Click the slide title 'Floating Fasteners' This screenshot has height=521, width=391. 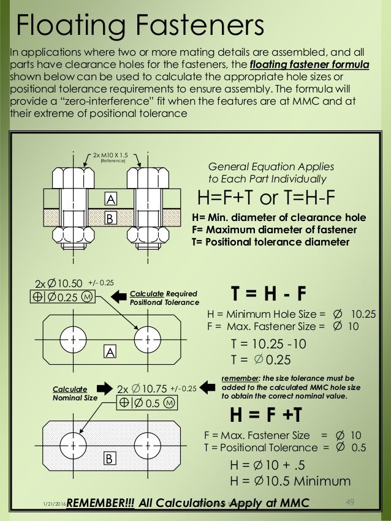(140, 25)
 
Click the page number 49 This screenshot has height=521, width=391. (351, 502)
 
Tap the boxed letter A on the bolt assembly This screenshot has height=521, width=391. (110, 200)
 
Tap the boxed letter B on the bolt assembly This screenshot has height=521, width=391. (110, 217)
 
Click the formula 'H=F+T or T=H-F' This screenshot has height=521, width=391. (268, 198)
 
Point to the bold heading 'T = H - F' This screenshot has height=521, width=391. (268, 294)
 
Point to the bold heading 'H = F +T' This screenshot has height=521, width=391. (265, 415)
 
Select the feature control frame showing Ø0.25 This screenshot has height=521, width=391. (59, 298)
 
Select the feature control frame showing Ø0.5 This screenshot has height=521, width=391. (145, 403)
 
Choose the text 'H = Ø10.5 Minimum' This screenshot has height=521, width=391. (290, 481)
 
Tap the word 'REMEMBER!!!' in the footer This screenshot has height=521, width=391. (100, 503)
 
